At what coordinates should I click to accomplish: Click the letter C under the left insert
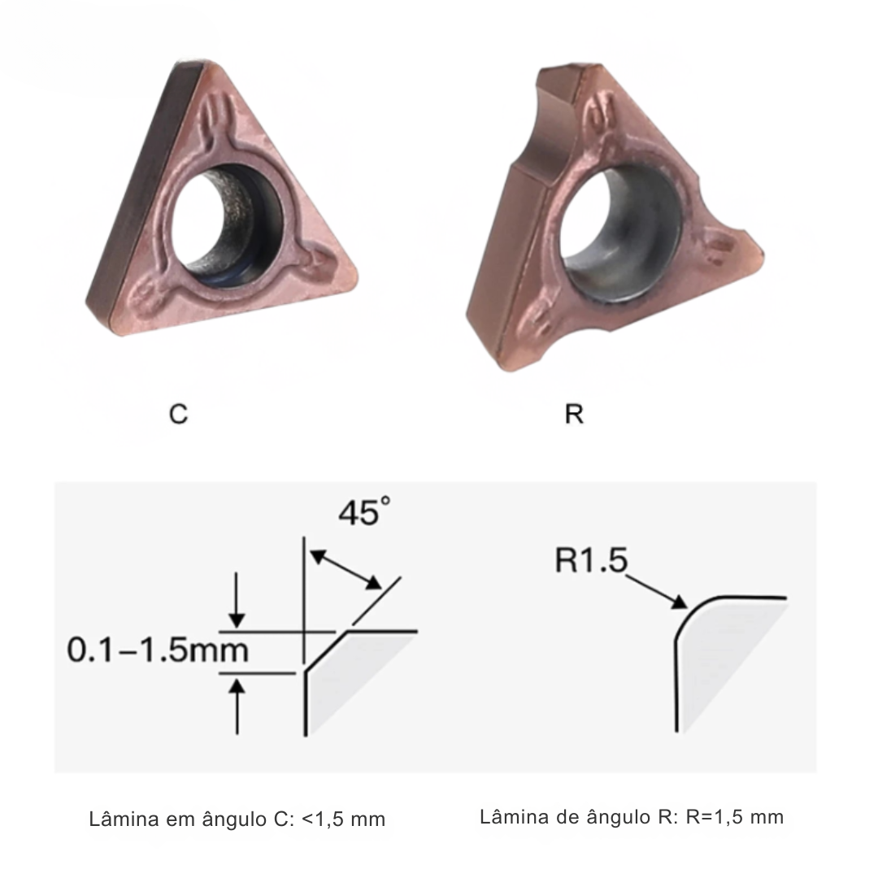click(178, 414)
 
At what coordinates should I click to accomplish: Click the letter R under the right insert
click(574, 414)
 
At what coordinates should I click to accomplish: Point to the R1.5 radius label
click(591, 561)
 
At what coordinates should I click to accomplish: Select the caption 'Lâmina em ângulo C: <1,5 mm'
click(237, 819)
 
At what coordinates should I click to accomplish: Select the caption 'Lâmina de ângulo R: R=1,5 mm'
click(632, 817)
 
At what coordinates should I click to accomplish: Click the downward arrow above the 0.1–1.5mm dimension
click(236, 602)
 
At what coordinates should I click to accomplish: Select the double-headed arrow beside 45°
click(346, 569)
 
